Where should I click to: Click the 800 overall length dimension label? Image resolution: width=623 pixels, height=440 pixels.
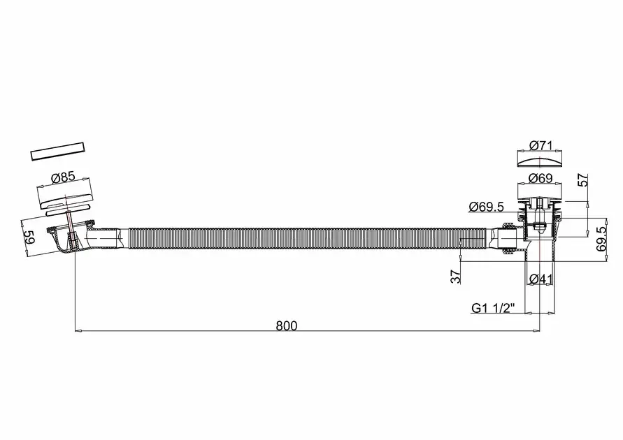[287, 325]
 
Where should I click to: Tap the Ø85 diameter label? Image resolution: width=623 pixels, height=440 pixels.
[63, 177]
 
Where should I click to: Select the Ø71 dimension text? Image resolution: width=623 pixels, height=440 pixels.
[540, 145]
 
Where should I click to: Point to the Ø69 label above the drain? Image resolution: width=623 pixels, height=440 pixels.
[540, 178]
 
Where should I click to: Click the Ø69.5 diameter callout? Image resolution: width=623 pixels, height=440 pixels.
[486, 207]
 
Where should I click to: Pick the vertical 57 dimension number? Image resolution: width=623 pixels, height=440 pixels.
[582, 179]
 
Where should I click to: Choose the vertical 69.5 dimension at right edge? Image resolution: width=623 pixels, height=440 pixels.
[601, 240]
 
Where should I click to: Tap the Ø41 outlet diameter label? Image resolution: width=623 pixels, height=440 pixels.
[540, 279]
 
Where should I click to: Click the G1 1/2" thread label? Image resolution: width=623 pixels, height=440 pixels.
[493, 308]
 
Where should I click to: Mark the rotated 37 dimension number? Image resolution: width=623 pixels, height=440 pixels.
[456, 276]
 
